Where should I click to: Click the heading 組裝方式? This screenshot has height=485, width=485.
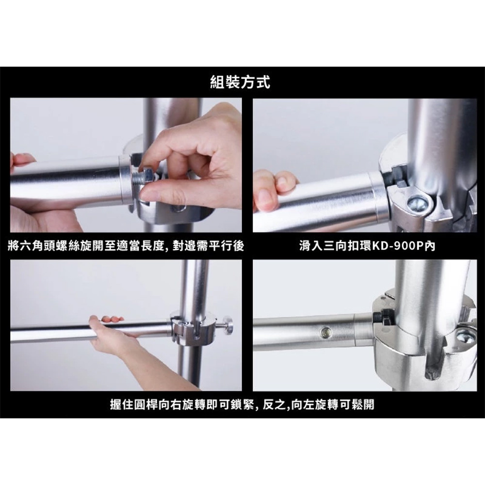(x=240, y=82)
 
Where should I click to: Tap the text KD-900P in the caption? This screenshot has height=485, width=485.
(x=398, y=246)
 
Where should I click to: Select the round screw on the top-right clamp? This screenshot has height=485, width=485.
(x=417, y=203)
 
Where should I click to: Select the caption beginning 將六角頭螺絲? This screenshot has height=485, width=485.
(x=126, y=246)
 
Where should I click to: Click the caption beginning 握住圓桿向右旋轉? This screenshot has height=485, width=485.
(x=242, y=404)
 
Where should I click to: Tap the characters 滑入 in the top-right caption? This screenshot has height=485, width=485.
(x=311, y=246)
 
